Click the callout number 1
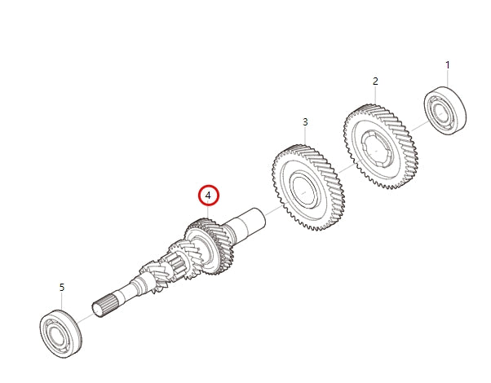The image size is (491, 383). coord(447,64)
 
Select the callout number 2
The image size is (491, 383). coord(375,81)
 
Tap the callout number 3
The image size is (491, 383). coord(305,122)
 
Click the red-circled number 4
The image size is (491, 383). coord(209,196)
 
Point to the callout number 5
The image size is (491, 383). coord(61,287)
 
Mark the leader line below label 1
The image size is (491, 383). coord(447,78)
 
